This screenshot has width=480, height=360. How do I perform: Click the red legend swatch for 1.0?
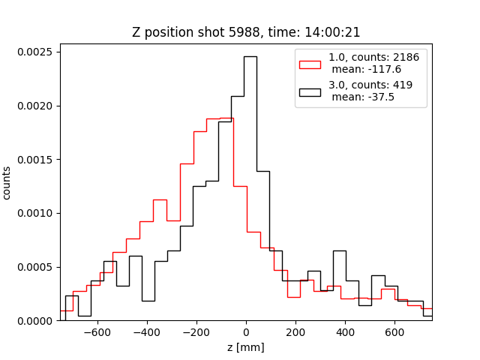(310, 64)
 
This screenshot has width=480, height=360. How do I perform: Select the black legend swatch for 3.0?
(310, 92)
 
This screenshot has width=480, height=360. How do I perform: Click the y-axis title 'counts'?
(7, 182)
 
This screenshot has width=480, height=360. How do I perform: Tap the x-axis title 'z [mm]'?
(245, 347)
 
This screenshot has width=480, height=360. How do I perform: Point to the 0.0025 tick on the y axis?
(34, 52)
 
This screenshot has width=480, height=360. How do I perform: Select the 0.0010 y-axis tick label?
(34, 213)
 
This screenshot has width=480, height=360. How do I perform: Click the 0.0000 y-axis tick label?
(34, 321)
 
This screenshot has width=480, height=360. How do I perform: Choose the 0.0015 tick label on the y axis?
(34, 160)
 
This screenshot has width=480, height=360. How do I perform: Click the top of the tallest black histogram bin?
(250, 56)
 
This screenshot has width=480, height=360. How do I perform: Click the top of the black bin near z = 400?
(339, 250)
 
